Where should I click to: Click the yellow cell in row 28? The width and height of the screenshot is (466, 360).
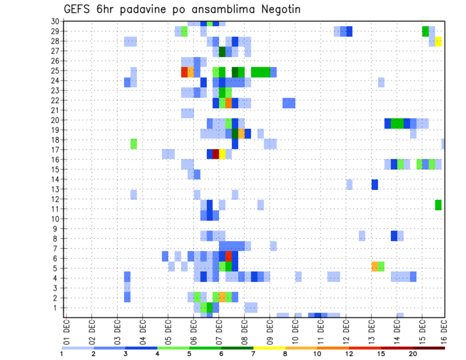(x=438, y=41)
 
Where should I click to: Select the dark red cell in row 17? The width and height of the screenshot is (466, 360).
(x=216, y=154)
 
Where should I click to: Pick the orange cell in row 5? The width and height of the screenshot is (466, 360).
(x=375, y=266)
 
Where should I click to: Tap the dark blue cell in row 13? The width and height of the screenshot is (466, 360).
(x=375, y=184)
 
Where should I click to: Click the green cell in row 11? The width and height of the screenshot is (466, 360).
(x=438, y=205)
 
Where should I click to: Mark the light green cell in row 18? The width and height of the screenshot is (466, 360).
(x=133, y=144)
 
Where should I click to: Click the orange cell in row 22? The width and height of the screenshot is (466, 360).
(x=229, y=103)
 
